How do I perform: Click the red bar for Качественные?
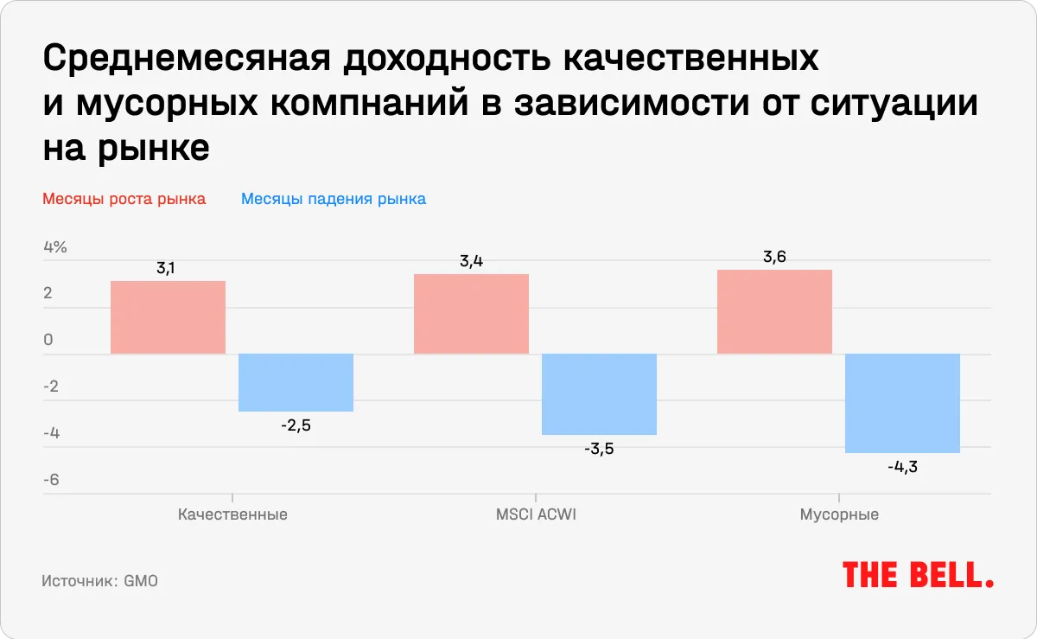(x=168, y=317)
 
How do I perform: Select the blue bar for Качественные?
(x=296, y=383)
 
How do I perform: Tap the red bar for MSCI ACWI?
(x=471, y=314)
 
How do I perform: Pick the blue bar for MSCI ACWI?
(x=599, y=394)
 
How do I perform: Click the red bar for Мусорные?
(x=774, y=311)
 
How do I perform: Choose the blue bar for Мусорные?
(x=902, y=404)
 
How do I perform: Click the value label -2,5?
(x=296, y=425)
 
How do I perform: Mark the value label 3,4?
(x=471, y=261)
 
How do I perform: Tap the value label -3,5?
(x=599, y=449)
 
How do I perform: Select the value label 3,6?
(x=774, y=257)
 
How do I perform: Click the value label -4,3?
(x=902, y=467)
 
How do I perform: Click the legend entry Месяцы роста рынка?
(x=124, y=199)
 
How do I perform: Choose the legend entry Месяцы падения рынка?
(x=334, y=199)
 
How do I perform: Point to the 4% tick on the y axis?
(x=54, y=247)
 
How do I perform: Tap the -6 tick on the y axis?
(x=51, y=480)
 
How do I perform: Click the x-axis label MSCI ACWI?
(x=535, y=514)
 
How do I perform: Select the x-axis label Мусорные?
(x=839, y=514)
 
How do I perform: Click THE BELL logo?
(x=918, y=574)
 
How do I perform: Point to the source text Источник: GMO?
(x=99, y=581)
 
